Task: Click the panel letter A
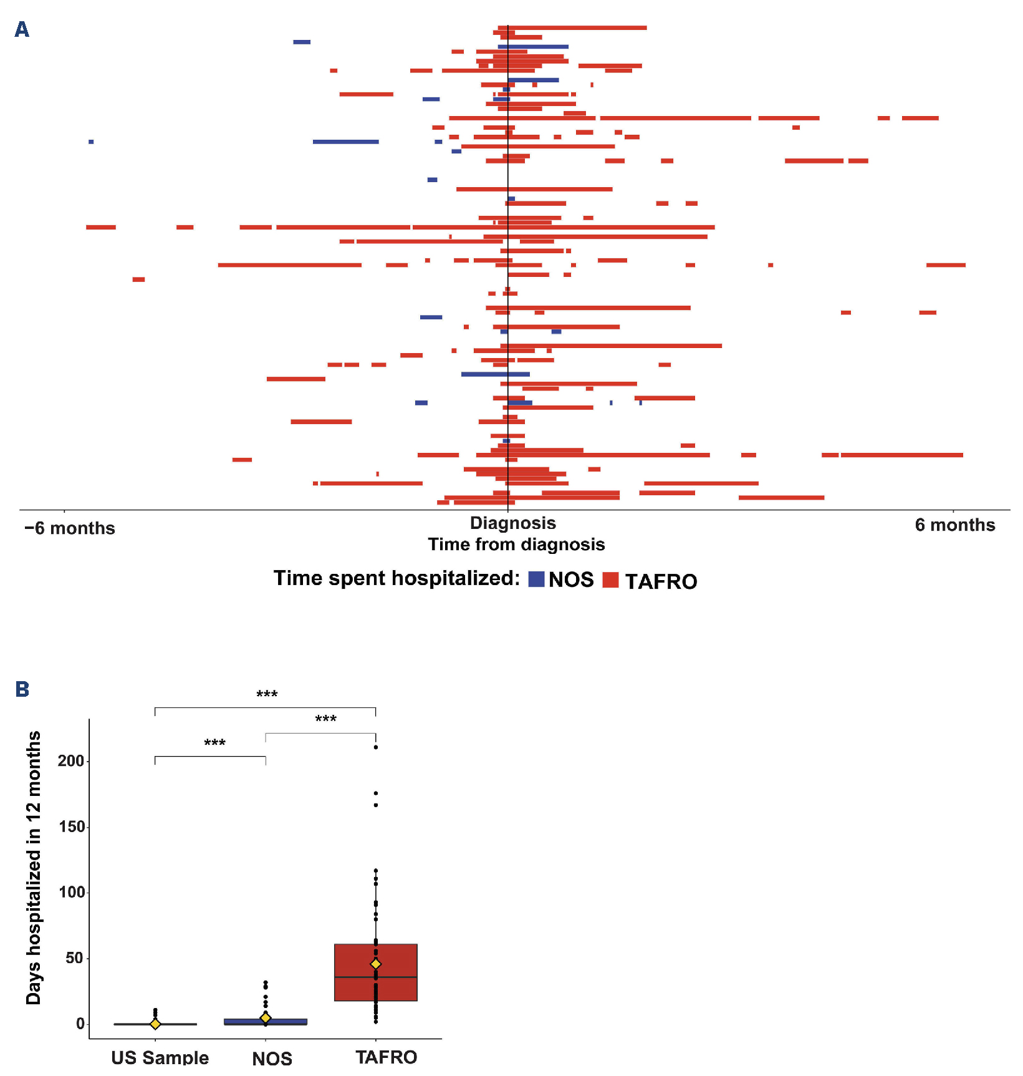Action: tap(22, 29)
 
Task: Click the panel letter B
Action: tap(22, 689)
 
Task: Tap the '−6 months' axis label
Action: tap(70, 528)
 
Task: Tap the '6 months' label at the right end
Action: tap(954, 525)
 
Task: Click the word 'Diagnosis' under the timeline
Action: tap(512, 523)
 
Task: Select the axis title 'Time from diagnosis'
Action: tap(516, 545)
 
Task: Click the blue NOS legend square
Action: tap(536, 579)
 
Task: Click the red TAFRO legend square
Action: tap(610, 579)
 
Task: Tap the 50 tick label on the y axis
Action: tap(74, 957)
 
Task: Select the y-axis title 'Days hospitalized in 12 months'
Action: tap(34, 868)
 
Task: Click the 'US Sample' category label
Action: tap(160, 1057)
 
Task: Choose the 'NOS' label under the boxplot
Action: tap(272, 1058)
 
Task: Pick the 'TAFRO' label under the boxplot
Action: tap(386, 1057)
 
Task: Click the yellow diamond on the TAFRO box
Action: tap(376, 964)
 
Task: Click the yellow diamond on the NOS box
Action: tap(266, 1017)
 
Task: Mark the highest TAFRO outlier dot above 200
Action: tap(376, 747)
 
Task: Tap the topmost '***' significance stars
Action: tap(267, 695)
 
